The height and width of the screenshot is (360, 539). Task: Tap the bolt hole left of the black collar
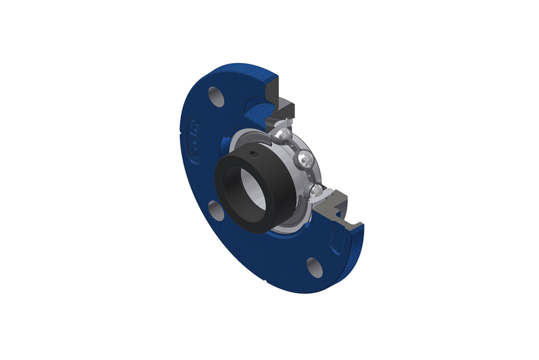tap(214, 211)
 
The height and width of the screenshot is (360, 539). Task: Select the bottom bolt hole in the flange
tap(314, 267)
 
